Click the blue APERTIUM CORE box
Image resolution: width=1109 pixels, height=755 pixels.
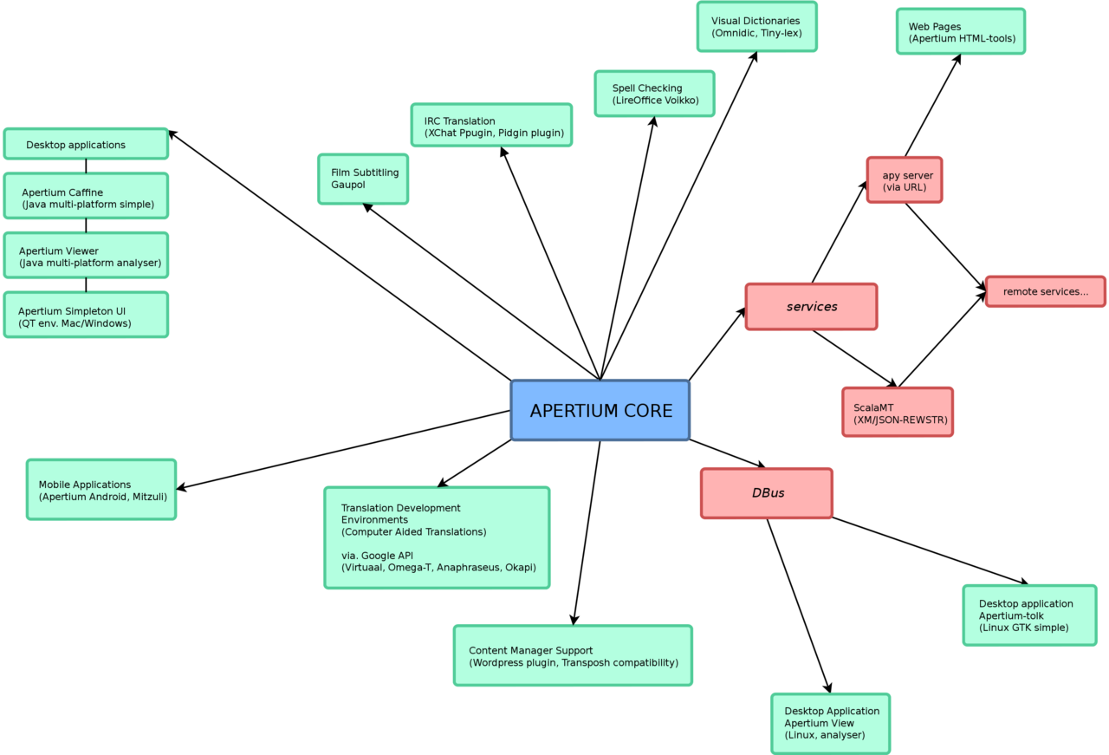(x=600, y=410)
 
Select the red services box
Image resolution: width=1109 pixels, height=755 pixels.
(x=811, y=307)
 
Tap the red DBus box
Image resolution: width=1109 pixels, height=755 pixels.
(x=766, y=493)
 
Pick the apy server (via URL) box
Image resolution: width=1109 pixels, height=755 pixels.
(x=904, y=180)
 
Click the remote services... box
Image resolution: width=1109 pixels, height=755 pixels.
(x=1045, y=291)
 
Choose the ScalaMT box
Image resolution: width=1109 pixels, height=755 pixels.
(x=897, y=412)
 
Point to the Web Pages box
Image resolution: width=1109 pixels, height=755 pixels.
(x=960, y=32)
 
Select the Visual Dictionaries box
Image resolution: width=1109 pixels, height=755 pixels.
(x=756, y=27)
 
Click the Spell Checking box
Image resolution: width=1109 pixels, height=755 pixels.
(x=654, y=94)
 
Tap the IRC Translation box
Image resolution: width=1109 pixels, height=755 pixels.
(x=491, y=126)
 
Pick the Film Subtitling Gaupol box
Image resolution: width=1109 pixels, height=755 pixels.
(x=363, y=179)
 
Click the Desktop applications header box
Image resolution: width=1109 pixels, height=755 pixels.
(x=86, y=145)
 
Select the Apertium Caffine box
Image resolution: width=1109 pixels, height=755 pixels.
(x=86, y=197)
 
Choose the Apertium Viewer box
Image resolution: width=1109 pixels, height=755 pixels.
(x=86, y=256)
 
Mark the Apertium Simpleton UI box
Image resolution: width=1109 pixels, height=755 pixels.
(x=86, y=316)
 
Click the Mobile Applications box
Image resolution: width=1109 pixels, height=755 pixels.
(x=101, y=490)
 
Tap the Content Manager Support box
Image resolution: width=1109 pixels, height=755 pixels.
(x=573, y=656)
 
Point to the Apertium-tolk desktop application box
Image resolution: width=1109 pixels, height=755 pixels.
(x=1029, y=615)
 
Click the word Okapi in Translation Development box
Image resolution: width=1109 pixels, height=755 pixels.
(x=520, y=568)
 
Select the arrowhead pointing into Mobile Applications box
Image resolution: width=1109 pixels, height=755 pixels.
(x=181, y=488)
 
